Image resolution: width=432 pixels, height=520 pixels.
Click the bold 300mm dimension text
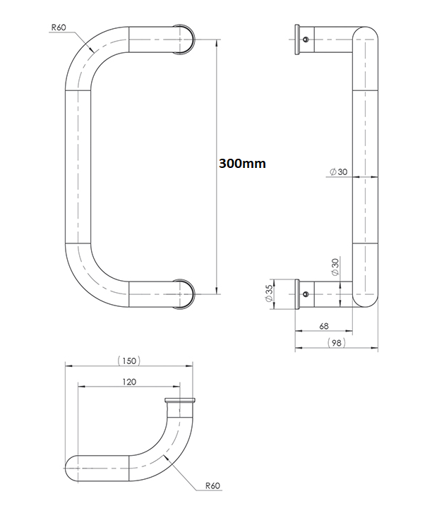(242, 164)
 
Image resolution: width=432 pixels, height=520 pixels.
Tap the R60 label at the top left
(59, 28)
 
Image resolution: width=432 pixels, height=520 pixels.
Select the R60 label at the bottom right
(212, 486)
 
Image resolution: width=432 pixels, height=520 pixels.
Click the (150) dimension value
(129, 361)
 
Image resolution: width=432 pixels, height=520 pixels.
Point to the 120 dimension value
(129, 382)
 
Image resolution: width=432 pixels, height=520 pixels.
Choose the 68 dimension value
(324, 327)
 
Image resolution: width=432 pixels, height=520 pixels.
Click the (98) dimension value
(337, 343)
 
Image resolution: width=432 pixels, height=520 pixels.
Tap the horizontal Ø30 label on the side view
(338, 171)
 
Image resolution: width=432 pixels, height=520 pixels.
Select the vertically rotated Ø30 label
(335, 267)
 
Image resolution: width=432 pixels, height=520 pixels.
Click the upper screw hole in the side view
(306, 40)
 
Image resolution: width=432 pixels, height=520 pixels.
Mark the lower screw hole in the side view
(306, 294)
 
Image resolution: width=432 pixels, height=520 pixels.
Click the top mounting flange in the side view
(297, 40)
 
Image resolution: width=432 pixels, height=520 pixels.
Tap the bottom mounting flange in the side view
(297, 294)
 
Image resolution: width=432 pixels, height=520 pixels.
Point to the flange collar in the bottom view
(180, 401)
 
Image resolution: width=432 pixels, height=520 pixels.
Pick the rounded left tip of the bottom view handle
(66, 468)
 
